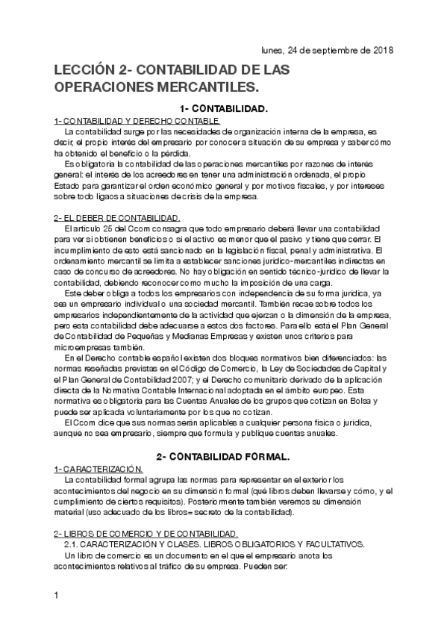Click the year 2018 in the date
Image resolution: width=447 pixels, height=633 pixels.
point(382,51)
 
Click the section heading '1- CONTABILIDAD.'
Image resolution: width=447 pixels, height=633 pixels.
point(223,109)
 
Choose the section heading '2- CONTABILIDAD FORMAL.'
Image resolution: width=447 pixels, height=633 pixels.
point(222,455)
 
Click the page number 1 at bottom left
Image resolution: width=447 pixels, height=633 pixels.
point(57,596)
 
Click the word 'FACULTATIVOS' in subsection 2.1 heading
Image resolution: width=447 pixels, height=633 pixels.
point(332,544)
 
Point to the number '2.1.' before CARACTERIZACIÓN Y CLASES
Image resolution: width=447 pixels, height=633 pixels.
point(72,544)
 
